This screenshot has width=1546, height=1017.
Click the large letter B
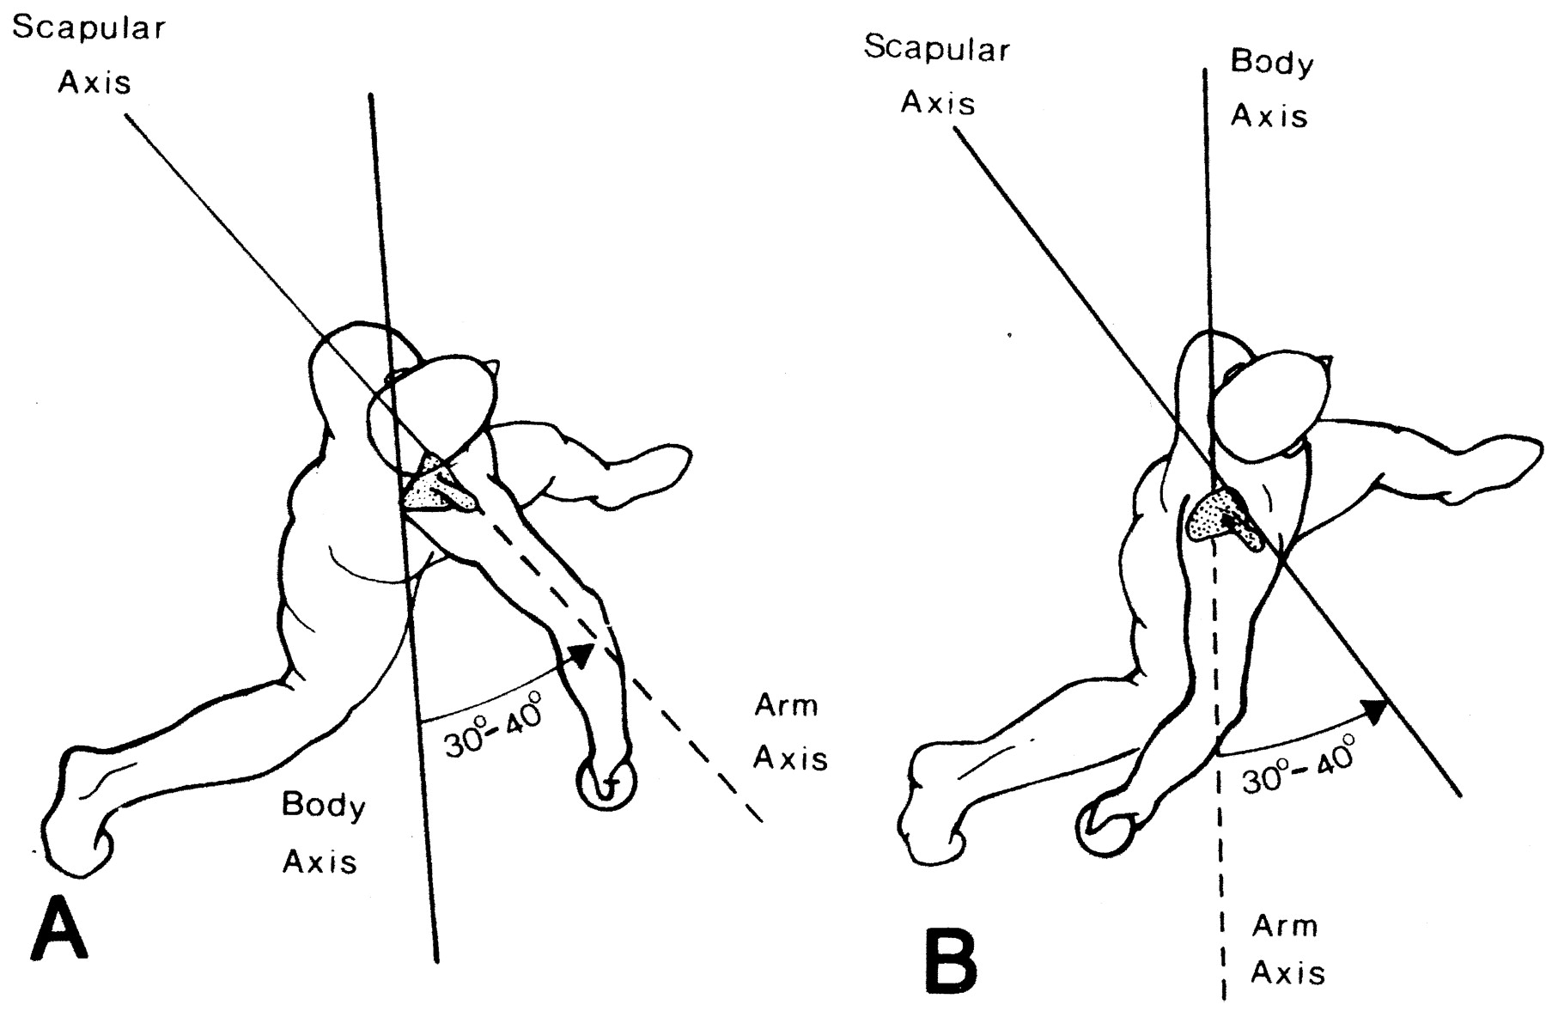pyautogui.click(x=951, y=961)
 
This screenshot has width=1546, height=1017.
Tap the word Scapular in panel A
pyautogui.click(x=89, y=29)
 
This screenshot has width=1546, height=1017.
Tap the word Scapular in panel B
pyautogui.click(x=937, y=49)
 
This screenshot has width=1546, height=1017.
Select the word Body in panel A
pyautogui.click(x=324, y=806)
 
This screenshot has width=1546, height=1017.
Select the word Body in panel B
pyautogui.click(x=1272, y=63)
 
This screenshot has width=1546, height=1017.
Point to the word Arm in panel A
pyautogui.click(x=786, y=706)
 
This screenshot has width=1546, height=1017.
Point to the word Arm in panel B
pyautogui.click(x=1284, y=926)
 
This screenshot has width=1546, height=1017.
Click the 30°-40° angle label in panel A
pyautogui.click(x=495, y=728)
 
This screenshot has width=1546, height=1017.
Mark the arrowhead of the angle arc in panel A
pyautogui.click(x=581, y=655)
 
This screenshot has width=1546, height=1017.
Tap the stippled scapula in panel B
pyautogui.click(x=1225, y=518)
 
